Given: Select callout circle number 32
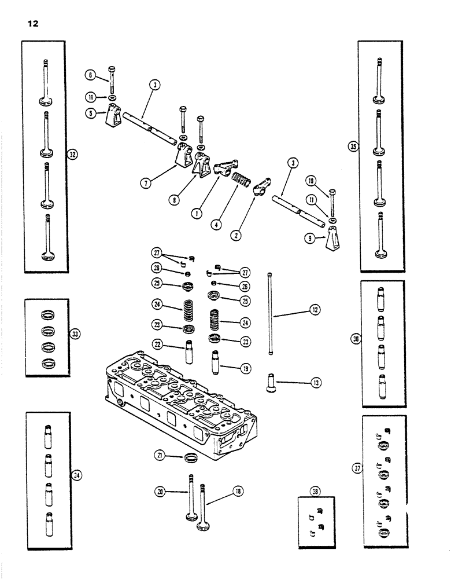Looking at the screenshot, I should tap(72, 155).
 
